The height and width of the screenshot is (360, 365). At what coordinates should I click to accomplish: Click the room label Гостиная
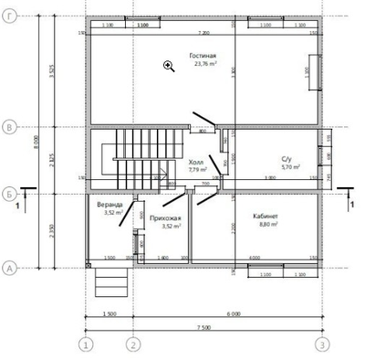(203, 57)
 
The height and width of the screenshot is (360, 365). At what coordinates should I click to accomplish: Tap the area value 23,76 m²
(203, 65)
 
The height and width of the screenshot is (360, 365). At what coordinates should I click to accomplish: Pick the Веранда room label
(112, 205)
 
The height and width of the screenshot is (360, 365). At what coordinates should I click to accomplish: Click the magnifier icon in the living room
(169, 65)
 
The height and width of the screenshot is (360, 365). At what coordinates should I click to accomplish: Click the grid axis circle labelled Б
(8, 193)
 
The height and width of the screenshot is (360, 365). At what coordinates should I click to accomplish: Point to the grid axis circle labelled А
(8, 268)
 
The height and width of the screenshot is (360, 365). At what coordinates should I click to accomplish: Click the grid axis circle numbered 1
(86, 344)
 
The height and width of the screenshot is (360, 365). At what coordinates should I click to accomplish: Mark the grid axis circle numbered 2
(133, 344)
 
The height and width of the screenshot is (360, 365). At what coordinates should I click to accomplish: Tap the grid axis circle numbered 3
(321, 344)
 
